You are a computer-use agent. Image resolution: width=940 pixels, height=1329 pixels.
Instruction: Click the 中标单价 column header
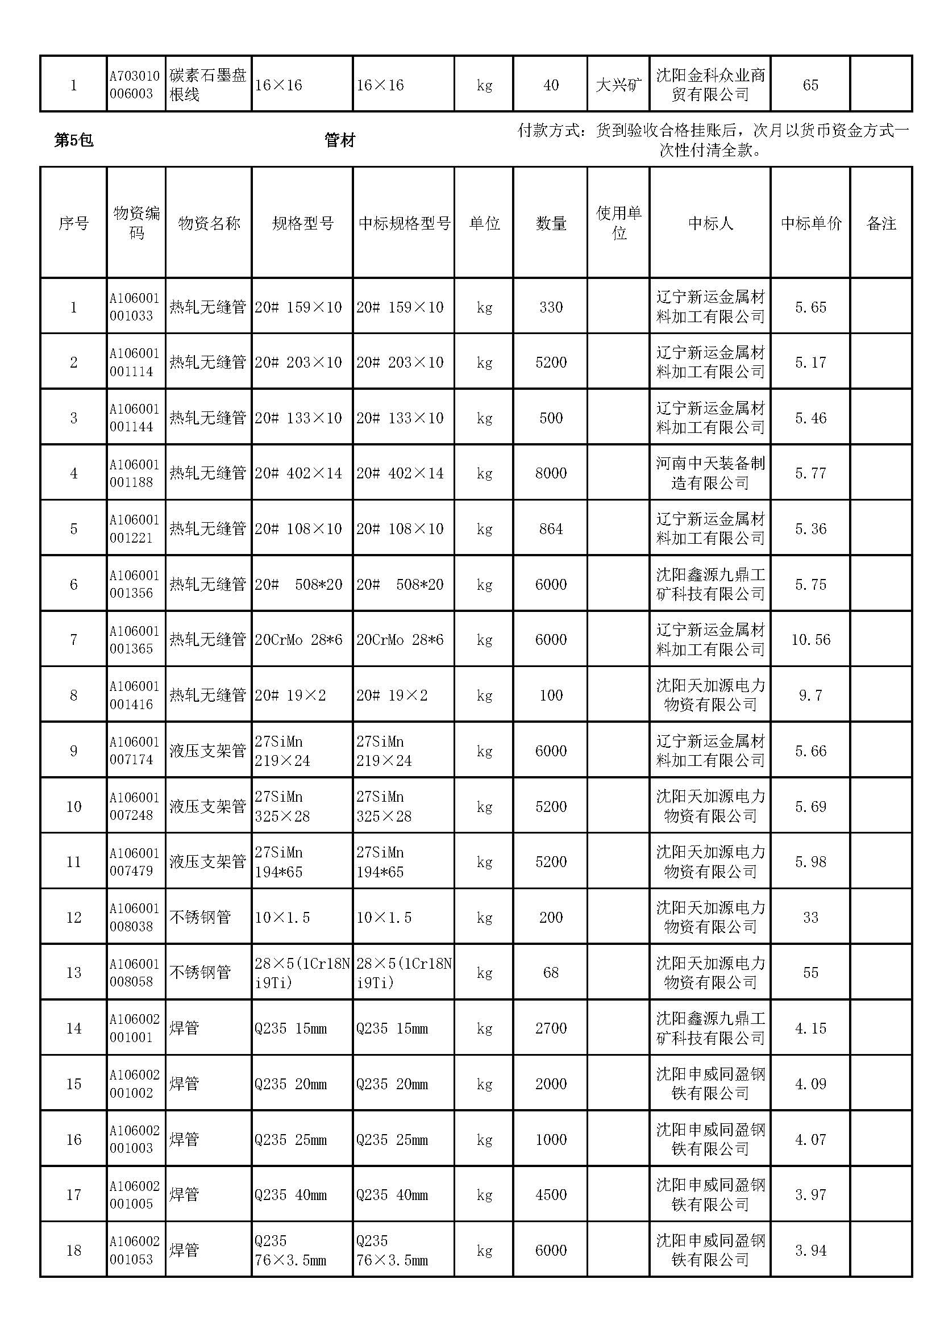coord(810,223)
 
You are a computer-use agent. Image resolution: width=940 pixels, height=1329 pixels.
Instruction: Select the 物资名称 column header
coord(209,223)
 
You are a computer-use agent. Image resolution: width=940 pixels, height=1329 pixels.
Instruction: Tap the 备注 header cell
coord(881,223)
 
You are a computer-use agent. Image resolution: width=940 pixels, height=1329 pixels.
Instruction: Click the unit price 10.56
coord(810,640)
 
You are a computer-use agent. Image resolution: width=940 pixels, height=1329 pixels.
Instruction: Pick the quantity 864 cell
coord(551,528)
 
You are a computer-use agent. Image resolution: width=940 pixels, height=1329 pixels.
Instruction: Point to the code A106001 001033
coord(134,307)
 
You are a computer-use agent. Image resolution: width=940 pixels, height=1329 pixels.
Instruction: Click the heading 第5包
coord(73,140)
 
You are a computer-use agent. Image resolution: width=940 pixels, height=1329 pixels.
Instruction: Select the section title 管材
coord(339,140)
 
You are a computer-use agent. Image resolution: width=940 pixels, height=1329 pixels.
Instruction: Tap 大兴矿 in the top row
coord(618,85)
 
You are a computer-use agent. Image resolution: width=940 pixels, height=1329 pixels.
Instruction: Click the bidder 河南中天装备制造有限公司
coord(710,473)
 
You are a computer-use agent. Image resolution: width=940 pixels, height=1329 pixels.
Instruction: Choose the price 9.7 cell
coord(810,695)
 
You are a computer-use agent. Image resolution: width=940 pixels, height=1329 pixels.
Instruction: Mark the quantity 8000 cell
coord(551,473)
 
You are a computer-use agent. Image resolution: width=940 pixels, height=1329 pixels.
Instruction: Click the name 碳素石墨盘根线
coord(208,85)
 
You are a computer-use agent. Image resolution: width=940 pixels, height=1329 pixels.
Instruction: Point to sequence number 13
coord(73,972)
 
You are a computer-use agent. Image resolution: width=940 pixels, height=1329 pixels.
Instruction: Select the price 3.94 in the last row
coord(810,1250)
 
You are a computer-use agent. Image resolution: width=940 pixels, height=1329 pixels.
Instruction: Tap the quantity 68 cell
coord(551,972)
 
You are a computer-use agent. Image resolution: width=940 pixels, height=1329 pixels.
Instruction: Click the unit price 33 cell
coord(810,917)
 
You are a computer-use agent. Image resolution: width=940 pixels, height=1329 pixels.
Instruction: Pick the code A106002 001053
coord(134,1250)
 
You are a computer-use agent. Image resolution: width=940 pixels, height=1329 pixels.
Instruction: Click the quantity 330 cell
coord(551,307)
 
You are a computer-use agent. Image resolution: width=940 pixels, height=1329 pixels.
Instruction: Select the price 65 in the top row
coord(810,85)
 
